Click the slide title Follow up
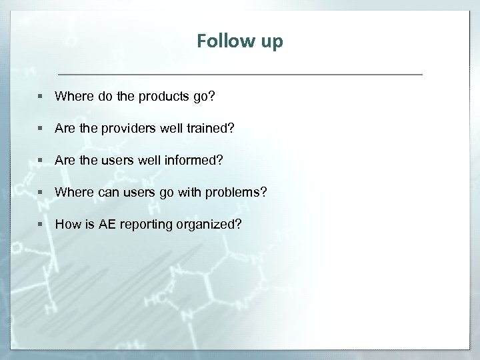tap(240, 41)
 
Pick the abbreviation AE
tap(107, 224)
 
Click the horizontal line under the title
tap(240, 73)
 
